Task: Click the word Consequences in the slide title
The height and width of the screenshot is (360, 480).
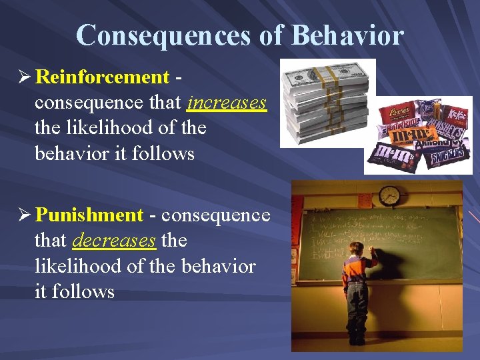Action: tap(164, 35)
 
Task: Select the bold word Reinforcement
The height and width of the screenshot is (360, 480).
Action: tap(102, 77)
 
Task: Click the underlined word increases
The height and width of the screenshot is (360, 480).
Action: tap(227, 103)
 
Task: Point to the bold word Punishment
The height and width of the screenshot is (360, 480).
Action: tap(89, 215)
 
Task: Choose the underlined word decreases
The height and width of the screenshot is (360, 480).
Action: tap(113, 241)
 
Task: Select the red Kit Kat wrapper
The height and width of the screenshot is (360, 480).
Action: tap(456, 114)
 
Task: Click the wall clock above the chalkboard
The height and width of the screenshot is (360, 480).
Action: tap(389, 195)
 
